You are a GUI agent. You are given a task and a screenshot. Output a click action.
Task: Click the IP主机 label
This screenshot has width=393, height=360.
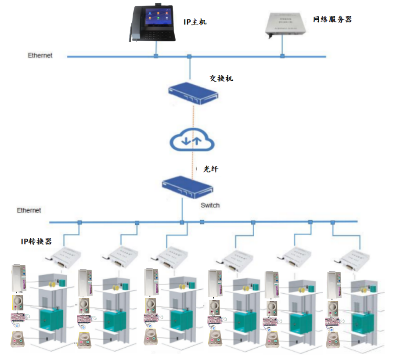tap(195, 21)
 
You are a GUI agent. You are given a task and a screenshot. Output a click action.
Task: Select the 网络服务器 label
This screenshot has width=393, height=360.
tap(332, 19)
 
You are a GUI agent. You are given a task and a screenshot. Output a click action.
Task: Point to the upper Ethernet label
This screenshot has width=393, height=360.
tap(40, 56)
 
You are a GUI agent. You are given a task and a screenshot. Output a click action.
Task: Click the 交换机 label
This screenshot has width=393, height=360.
tap(221, 79)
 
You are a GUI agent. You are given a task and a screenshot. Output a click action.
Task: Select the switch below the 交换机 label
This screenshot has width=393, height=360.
tap(193, 93)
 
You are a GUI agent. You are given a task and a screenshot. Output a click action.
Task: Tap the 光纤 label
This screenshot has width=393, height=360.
tap(210, 169)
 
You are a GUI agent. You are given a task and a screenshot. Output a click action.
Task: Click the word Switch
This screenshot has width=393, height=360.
tap(210, 205)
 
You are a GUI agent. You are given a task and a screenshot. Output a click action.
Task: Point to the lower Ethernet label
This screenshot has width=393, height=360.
tap(29, 210)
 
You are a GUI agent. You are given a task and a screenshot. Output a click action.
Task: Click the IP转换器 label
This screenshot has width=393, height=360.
tap(36, 241)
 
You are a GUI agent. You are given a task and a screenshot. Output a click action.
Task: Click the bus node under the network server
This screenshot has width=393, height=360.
tap(282, 56)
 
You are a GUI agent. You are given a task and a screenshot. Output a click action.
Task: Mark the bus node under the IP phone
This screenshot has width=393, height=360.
tap(155, 56)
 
